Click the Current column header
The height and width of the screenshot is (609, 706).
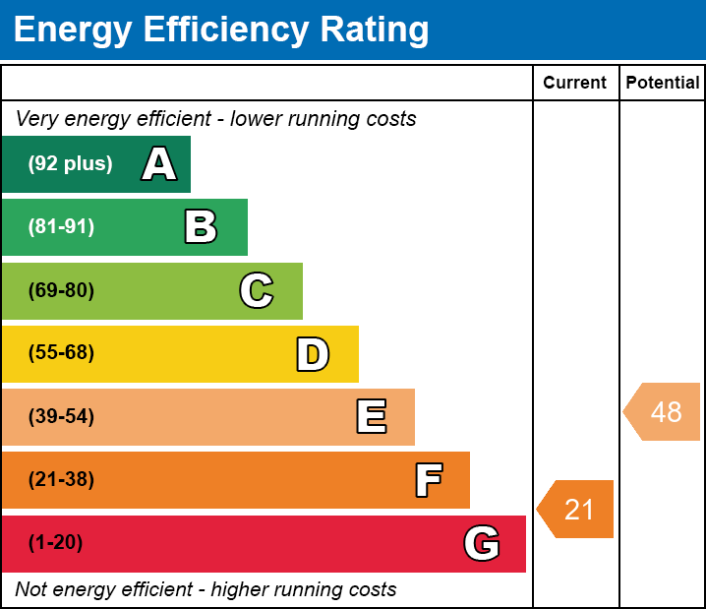[x=574, y=83]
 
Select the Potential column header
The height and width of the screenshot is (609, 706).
[x=663, y=83]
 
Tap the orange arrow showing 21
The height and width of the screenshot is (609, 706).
[x=575, y=509]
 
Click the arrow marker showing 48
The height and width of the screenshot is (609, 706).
[x=662, y=411]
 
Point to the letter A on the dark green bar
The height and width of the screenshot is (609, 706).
[x=159, y=163]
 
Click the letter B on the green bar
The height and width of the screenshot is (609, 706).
[x=201, y=226]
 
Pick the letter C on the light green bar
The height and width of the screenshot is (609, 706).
[x=257, y=290]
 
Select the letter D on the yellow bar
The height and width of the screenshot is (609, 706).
[x=313, y=354]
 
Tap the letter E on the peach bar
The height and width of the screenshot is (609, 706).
[x=372, y=416]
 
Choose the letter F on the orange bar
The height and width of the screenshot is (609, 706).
[x=429, y=480]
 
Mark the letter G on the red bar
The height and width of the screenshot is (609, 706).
[x=482, y=543]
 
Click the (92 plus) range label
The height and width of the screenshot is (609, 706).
[x=70, y=163]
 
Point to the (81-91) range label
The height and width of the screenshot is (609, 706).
[x=61, y=226]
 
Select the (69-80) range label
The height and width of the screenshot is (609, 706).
[x=61, y=290]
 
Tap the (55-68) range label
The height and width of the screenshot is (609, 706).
[x=61, y=352]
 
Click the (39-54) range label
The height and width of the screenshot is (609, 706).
[x=61, y=417]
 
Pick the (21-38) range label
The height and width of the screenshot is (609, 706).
[x=61, y=480]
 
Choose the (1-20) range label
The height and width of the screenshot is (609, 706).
[x=55, y=542]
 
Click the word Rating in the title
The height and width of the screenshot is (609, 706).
[x=375, y=30]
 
